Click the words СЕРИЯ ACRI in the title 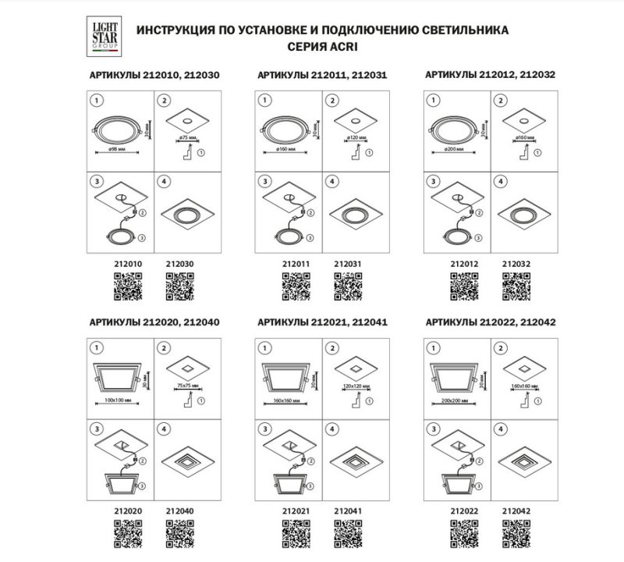322,46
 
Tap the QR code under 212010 129,288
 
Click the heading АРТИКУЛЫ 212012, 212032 490,76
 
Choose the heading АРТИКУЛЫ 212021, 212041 322,322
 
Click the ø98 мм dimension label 117,148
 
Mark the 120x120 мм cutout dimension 355,385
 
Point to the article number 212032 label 516,264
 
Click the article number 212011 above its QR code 296,264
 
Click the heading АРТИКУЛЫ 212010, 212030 151,76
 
